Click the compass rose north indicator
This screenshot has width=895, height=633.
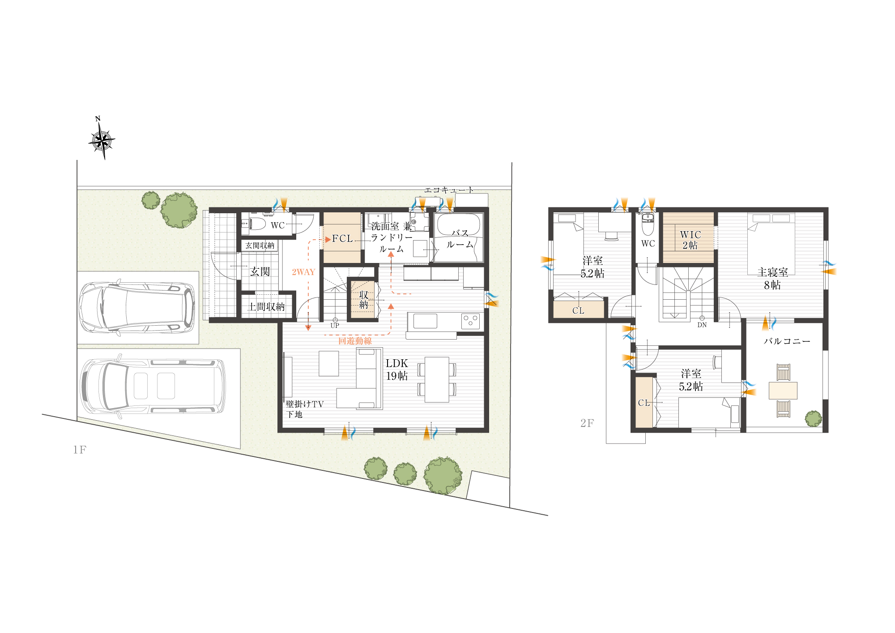tap(102, 138)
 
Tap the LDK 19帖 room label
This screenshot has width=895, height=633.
tap(397, 370)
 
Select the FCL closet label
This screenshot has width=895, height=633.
tap(342, 239)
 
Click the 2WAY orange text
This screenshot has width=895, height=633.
tap(303, 272)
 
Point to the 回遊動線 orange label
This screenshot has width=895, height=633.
tap(355, 341)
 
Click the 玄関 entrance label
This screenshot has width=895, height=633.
tap(260, 271)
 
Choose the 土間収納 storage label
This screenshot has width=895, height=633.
tap(266, 307)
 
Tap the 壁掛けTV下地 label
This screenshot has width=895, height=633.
tap(304, 409)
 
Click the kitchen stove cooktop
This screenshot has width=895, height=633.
tap(470, 320)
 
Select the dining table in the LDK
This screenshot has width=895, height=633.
tap(437, 379)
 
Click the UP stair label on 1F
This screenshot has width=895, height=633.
tap(335, 326)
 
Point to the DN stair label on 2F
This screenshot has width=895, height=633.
tap(702, 325)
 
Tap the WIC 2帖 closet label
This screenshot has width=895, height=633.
tap(690, 240)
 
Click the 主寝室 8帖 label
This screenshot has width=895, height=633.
tap(772, 279)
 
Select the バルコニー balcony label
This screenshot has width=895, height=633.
tap(787, 341)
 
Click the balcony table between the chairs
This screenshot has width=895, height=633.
tap(783, 390)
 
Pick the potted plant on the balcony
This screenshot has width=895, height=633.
tap(813, 419)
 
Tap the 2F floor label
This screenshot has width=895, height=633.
tap(587, 423)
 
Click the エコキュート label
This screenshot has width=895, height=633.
tap(448, 190)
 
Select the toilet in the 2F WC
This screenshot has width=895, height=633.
tap(648, 224)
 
